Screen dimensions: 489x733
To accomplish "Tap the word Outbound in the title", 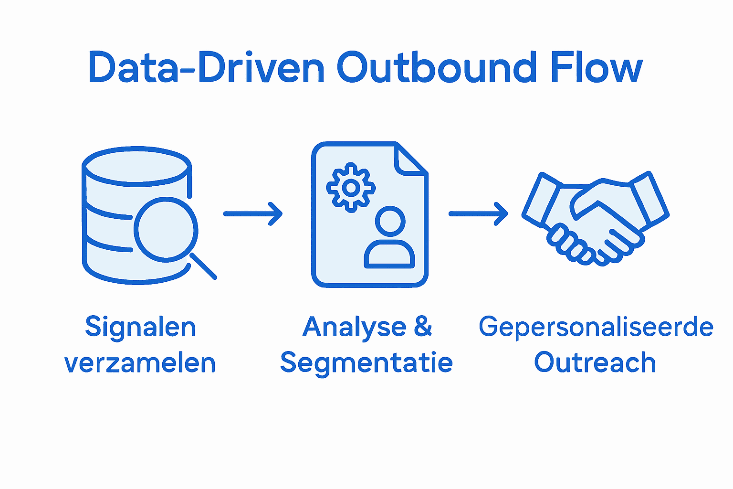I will coord(437,68).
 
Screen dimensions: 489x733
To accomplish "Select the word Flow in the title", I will coord(597,68).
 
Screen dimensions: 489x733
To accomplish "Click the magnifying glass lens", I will coord(166,229).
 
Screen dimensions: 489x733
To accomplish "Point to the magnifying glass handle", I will coord(204,266).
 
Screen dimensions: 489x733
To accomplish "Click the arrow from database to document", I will coord(253,213).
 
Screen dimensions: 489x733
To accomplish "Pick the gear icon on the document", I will coord(351,187).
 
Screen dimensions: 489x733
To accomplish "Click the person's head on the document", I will coord(390,221).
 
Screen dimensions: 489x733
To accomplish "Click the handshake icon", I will coord(596,217).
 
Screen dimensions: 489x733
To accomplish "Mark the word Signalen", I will coord(140,328).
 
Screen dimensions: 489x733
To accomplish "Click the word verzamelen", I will coord(140,363).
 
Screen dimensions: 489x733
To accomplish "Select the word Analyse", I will coord(354,328).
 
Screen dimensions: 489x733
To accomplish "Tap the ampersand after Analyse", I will coord(423,327).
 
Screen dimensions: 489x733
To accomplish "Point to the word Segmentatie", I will coord(366,363).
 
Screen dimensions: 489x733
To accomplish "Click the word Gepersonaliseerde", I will coord(596,328).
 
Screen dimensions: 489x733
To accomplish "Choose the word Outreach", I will coord(595,363).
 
